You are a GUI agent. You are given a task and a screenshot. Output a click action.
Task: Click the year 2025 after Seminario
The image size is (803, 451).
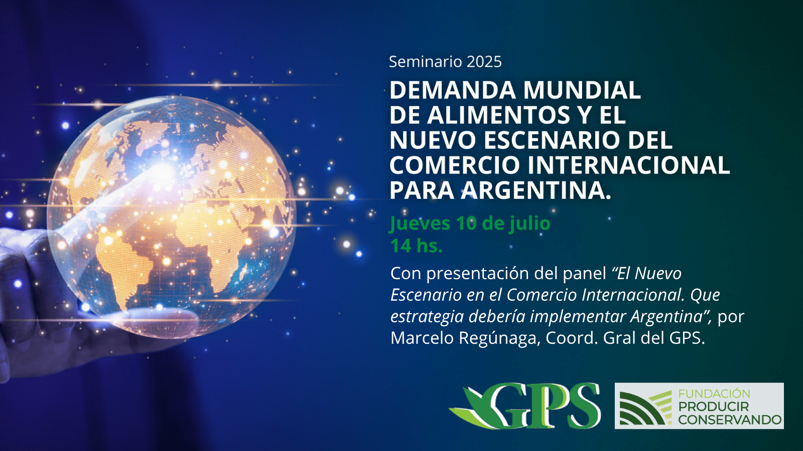click(x=479, y=62)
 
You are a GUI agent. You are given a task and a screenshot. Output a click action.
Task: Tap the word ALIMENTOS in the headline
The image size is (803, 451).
click(x=498, y=115)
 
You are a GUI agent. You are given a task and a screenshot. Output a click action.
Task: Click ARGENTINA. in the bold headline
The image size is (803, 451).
click(x=537, y=190)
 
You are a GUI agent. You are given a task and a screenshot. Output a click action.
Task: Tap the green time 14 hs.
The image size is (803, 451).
click(x=417, y=246)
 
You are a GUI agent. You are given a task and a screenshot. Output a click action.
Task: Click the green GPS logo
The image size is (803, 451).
click(x=525, y=406)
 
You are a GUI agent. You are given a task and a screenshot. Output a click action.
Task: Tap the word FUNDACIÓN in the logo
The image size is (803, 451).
click(x=714, y=394)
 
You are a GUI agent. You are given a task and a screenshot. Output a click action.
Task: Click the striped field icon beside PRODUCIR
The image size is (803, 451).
click(x=645, y=408)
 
